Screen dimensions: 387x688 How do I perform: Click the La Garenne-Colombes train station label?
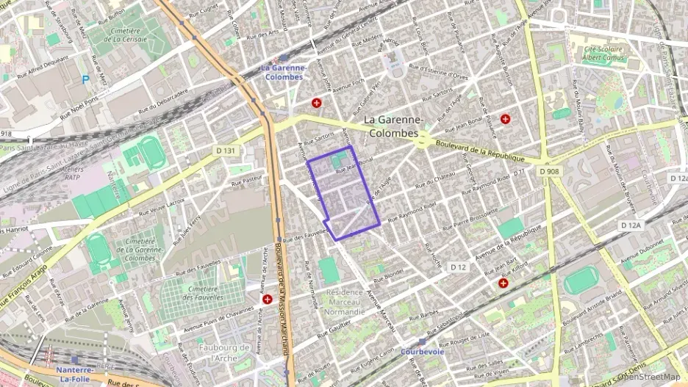click(x=282, y=73)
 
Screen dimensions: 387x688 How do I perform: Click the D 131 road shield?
click(x=228, y=151)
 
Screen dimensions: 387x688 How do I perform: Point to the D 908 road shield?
click(x=551, y=171)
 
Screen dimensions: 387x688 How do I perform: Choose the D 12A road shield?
click(x=631, y=225)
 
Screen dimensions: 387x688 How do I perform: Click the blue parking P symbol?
click(x=85, y=79)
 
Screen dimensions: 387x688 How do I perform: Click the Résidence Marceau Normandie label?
click(x=344, y=301)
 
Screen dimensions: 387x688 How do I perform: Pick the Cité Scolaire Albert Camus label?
click(x=607, y=54)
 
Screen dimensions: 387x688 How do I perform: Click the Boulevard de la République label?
click(x=479, y=151)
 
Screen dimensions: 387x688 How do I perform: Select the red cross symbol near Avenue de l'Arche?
click(x=268, y=300)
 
